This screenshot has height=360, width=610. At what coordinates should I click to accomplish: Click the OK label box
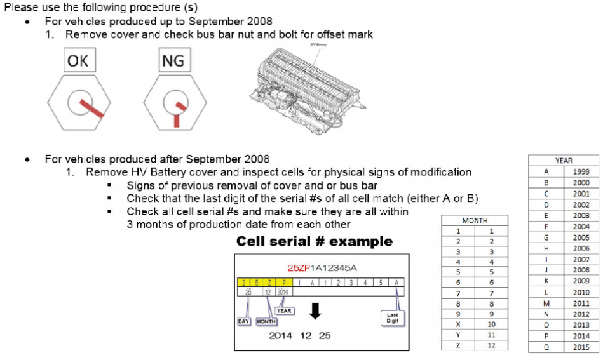tap(78, 62)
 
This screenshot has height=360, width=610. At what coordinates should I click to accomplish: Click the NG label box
tap(173, 62)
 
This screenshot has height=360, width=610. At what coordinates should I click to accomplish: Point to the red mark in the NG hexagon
tap(176, 113)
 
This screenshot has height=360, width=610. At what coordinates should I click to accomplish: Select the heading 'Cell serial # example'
tap(315, 241)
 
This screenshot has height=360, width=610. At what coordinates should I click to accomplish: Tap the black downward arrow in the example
tap(315, 312)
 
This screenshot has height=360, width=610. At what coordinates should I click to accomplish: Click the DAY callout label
tap(244, 321)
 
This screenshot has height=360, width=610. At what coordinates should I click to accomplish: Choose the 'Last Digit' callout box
tap(392, 317)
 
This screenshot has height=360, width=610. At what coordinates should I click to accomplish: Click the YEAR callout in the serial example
tap(284, 310)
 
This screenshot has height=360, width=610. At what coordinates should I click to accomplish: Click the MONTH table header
tap(475, 220)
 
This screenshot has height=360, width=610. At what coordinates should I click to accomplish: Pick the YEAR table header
tap(563, 161)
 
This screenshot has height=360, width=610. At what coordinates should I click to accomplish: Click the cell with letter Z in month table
tap(458, 345)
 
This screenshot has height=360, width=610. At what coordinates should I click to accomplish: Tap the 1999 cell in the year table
tap(581, 171)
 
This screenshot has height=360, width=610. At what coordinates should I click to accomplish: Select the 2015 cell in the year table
tap(581, 347)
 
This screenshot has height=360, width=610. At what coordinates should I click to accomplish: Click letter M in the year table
tap(546, 303)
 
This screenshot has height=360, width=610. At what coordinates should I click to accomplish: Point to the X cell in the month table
tap(458, 324)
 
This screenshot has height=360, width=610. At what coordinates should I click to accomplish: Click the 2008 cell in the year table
tap(581, 270)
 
